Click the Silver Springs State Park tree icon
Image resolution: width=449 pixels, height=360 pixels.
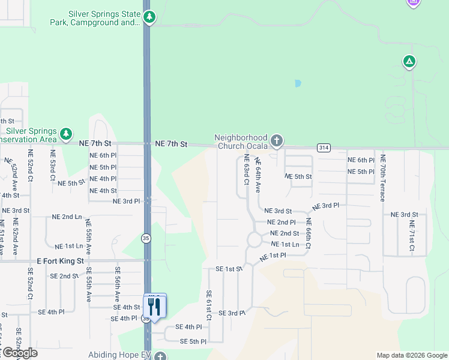coord(149,17)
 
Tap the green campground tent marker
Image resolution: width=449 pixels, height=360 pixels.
coord(409,62)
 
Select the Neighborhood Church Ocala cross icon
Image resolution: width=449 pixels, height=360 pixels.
coord(276,141)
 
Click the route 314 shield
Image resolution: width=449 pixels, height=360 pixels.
coord(324,148)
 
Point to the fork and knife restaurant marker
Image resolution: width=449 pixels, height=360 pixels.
coord(154,307)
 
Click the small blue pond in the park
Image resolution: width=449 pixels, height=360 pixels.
coord(298,84)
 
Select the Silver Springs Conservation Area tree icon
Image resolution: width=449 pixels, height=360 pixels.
coord(66,133)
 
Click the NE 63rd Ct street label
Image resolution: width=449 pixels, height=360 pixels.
coord(246,170)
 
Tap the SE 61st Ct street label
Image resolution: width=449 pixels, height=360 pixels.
coord(209,305)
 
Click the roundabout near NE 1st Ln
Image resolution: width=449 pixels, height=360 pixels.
coord(253,240)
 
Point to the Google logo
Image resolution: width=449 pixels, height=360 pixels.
coord(19,353)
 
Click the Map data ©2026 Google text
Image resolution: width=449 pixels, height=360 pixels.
coord(411,355)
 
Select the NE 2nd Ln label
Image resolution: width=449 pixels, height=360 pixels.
coord(67,217)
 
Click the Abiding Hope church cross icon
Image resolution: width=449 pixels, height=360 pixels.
coord(159,356)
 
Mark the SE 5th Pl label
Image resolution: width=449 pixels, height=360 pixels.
coord(193,341)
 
